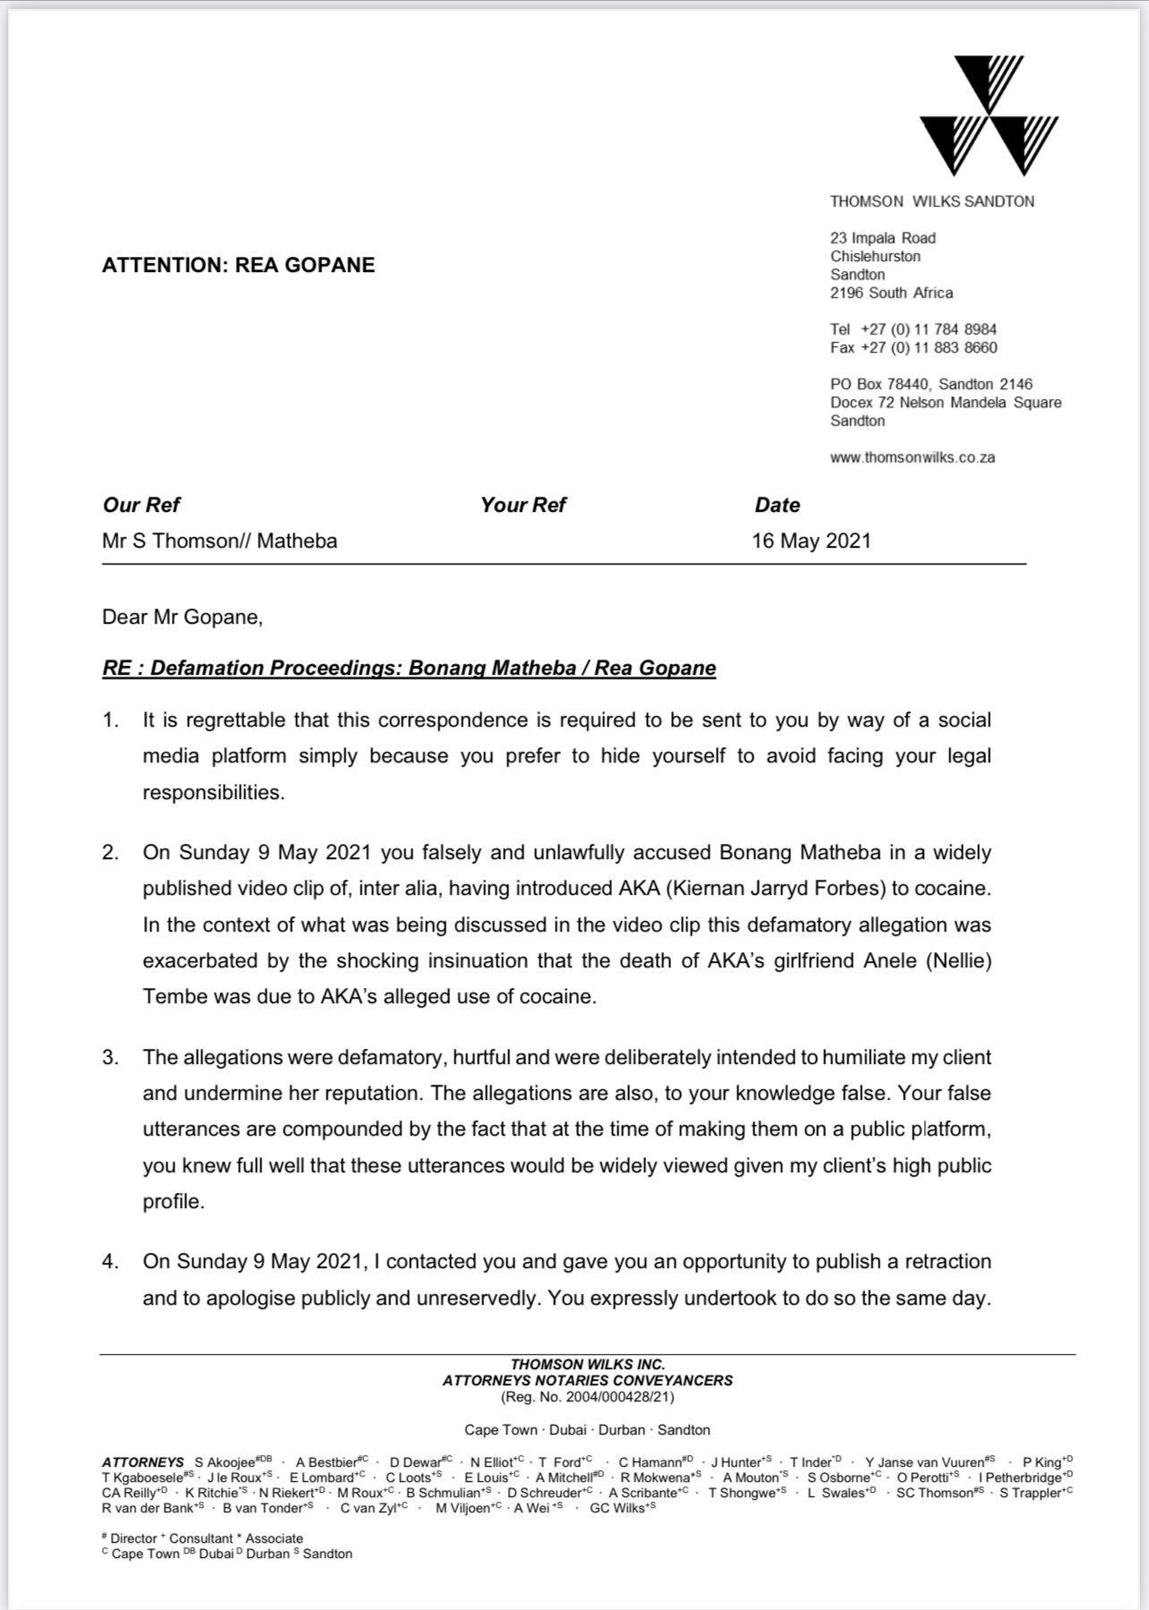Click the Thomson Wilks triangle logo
coord(989,116)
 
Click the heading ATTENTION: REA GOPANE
coord(238,265)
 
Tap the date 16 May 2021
coord(811,541)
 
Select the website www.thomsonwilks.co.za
coord(912,457)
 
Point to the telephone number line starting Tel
coord(913,329)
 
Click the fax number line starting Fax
coord(913,347)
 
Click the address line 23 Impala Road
coord(882,238)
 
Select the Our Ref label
coord(141,505)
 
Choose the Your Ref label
coord(523,505)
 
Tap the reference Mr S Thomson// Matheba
coord(220,541)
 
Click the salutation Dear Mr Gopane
coord(183,617)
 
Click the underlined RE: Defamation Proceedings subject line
coord(409,669)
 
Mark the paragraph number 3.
coord(110,1057)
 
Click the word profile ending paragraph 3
coord(174,1201)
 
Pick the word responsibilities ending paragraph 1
coord(213,792)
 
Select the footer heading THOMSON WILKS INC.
coord(587,1365)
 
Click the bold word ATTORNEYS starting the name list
coord(143,1462)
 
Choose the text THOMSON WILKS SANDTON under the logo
coord(932,201)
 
